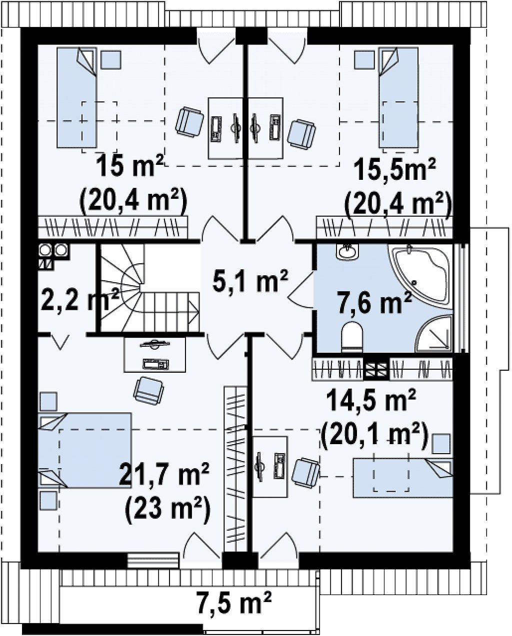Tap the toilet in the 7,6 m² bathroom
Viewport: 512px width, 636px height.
pos(352,336)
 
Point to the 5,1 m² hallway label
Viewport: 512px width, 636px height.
pos(250,282)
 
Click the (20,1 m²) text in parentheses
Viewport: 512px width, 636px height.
pos(375,437)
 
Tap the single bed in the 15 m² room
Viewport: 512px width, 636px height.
pos(77,97)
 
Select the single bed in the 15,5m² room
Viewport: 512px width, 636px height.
pos(398,97)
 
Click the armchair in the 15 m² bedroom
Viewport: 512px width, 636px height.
pos(189,122)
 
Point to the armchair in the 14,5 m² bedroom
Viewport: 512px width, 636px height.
pos(305,473)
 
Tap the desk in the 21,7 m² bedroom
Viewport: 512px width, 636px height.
pos(154,354)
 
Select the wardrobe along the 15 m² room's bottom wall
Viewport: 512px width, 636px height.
pos(113,227)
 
